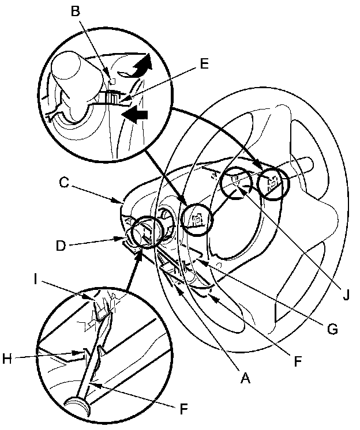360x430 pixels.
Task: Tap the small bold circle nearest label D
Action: (x=144, y=232)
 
